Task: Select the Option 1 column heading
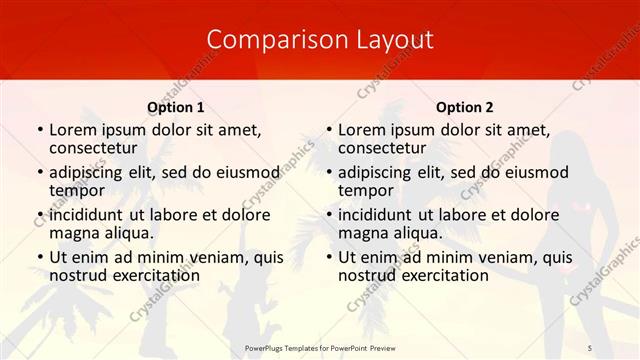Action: point(176,107)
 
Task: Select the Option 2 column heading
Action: point(464,107)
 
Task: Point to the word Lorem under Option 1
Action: point(73,130)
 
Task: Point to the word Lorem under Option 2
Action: point(362,130)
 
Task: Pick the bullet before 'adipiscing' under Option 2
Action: point(328,172)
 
